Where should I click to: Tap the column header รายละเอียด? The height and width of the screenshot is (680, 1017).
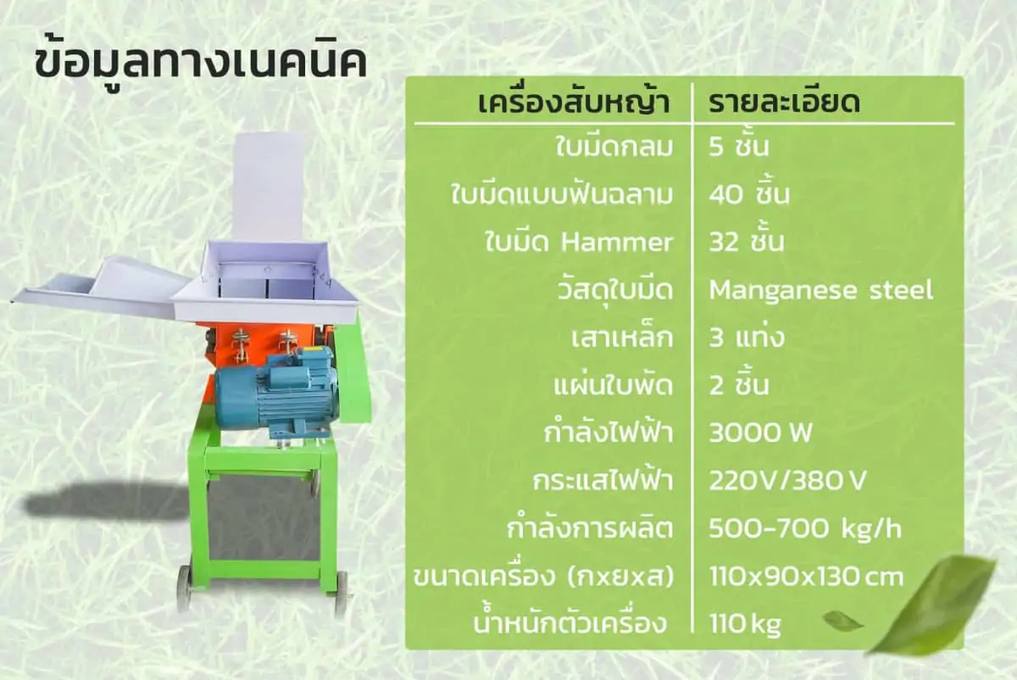pyautogui.click(x=784, y=103)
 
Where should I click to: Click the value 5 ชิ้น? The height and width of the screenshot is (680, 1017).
pyautogui.click(x=739, y=147)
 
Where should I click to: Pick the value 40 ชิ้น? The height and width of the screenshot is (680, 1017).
pyautogui.click(x=749, y=194)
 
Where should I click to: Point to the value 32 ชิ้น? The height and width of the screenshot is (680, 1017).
pyautogui.click(x=747, y=242)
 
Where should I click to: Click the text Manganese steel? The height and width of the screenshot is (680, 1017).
pyautogui.click(x=821, y=290)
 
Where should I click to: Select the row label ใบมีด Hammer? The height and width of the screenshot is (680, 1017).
pyautogui.click(x=578, y=242)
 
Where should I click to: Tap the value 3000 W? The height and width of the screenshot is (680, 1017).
pyautogui.click(x=760, y=432)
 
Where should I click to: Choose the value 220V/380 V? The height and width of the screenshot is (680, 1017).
pyautogui.click(x=787, y=480)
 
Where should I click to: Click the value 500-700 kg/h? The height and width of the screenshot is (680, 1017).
pyautogui.click(x=804, y=529)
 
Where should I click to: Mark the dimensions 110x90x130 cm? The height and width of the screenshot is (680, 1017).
pyautogui.click(x=806, y=577)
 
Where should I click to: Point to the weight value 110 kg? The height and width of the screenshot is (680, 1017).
pyautogui.click(x=745, y=625)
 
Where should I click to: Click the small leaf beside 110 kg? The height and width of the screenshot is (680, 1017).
pyautogui.click(x=842, y=621)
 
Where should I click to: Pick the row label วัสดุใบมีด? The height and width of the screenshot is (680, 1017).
pyautogui.click(x=614, y=291)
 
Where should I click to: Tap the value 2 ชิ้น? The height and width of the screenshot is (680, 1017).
pyautogui.click(x=739, y=385)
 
